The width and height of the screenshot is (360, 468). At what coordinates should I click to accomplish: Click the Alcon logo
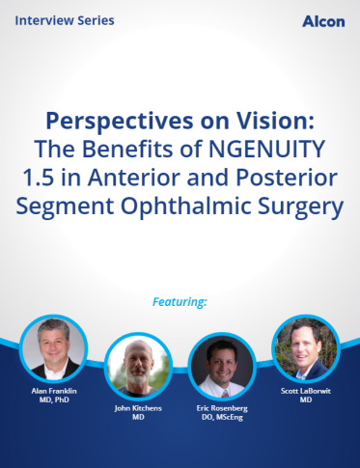pyautogui.click(x=322, y=21)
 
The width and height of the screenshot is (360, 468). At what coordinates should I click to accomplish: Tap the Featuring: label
pyautogui.click(x=180, y=302)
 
